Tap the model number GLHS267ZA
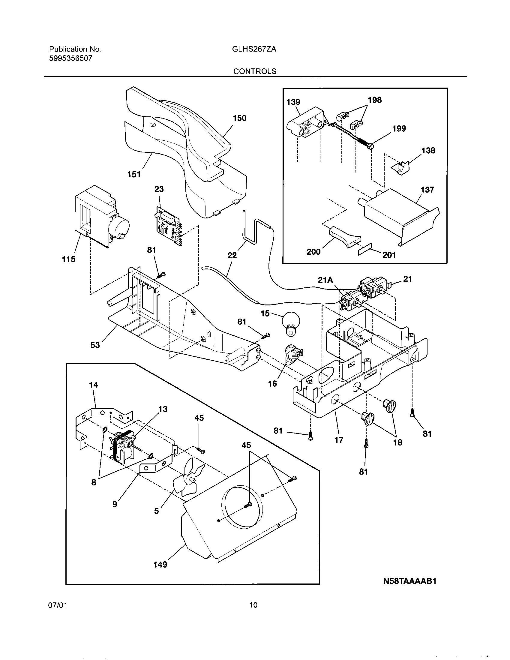[254, 49]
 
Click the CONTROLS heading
[255, 71]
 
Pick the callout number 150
[239, 118]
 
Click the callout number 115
[69, 259]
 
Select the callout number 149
[160, 564]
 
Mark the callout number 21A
[325, 280]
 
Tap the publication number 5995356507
[71, 58]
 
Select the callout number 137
[427, 190]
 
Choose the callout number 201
[389, 255]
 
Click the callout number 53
[95, 345]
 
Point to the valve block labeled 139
[305, 125]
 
